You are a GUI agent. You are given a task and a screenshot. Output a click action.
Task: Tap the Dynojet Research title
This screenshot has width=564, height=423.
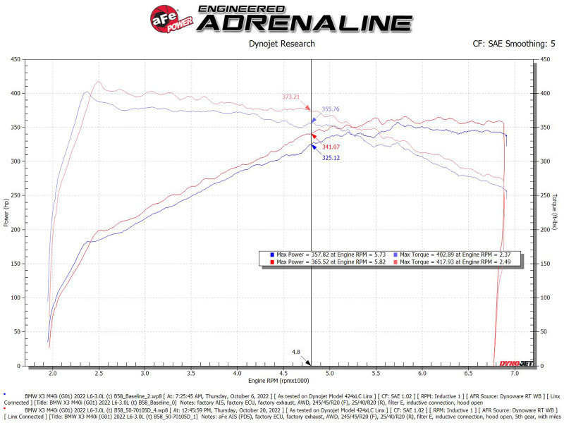coord(282,44)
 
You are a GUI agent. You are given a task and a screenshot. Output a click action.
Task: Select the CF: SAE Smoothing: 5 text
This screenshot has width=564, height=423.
coord(514,44)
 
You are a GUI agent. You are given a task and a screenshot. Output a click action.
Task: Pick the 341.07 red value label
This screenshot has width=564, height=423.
coord(331,147)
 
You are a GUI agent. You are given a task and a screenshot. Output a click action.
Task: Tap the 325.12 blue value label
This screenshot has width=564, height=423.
coord(331,158)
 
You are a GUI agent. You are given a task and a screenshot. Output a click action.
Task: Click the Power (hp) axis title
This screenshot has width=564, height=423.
coord(6,212)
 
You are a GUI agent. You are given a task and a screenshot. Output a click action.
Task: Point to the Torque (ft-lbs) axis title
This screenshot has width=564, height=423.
coord(556,212)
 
